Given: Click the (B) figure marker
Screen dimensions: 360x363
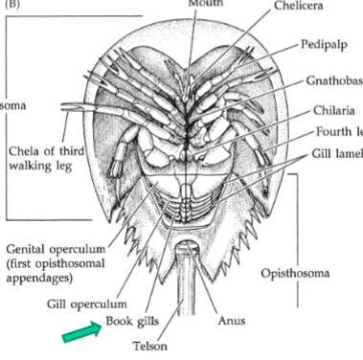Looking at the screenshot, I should pos(11,4).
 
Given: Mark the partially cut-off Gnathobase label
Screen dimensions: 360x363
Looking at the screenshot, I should pos(334,81).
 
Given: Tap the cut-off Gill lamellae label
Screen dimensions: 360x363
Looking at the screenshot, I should pos(335,152).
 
